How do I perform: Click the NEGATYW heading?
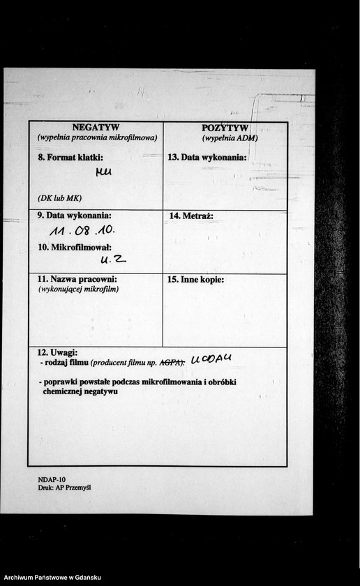pyautogui.click(x=96, y=127)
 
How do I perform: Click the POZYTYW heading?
pyautogui.click(x=225, y=128)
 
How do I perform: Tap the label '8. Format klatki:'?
pyautogui.click(x=71, y=158)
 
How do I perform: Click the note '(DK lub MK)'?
pyautogui.click(x=60, y=197)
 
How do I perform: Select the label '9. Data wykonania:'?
pyautogui.click(x=75, y=216)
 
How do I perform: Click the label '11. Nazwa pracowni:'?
pyautogui.click(x=77, y=279)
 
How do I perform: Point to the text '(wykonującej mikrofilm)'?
pyautogui.click(x=78, y=289)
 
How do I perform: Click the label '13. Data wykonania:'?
pyautogui.click(x=208, y=158)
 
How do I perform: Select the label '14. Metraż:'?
pyautogui.click(x=191, y=216)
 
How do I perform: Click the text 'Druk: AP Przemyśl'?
pyautogui.click(x=65, y=488)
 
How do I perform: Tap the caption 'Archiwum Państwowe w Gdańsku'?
pyautogui.click(x=52, y=578)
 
